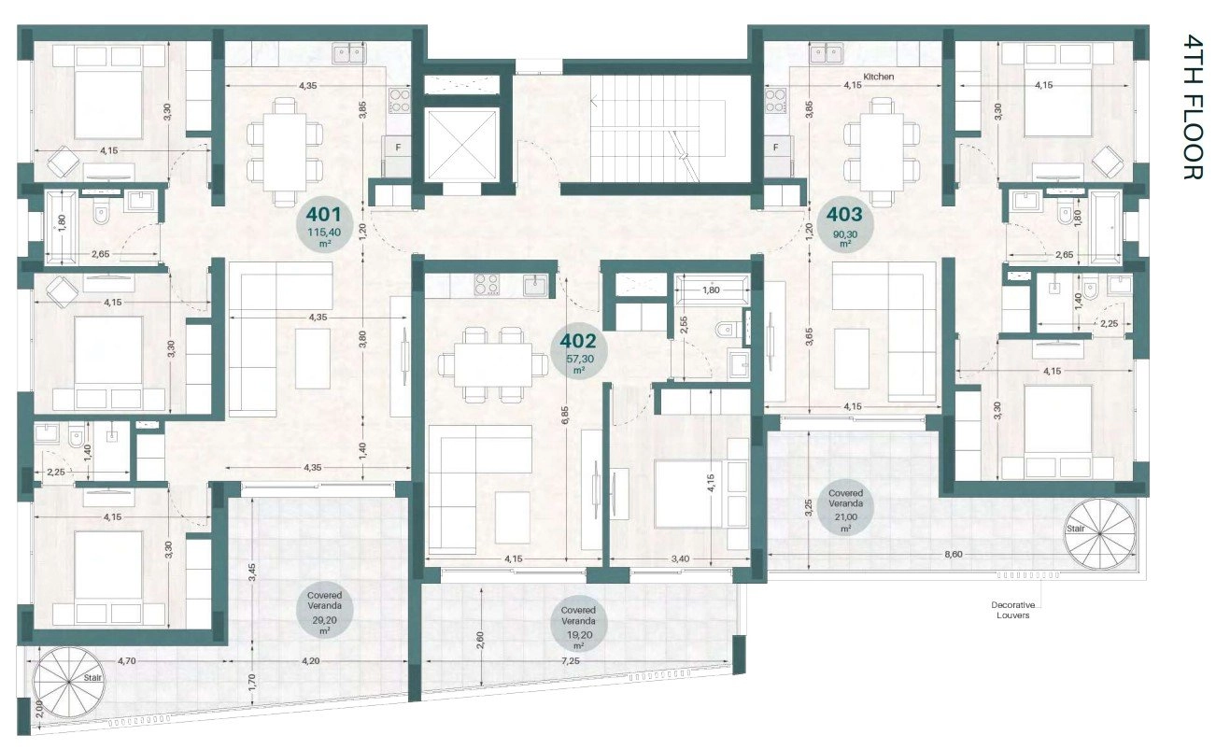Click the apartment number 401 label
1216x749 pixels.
pos(325,214)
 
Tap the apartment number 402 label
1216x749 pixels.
pos(578,341)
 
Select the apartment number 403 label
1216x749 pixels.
pos(844,215)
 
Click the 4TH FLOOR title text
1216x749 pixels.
pos(1194,106)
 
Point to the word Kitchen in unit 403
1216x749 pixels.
pos(878,77)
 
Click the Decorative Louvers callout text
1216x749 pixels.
pos(1013,610)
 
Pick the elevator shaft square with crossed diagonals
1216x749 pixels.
pos(461,144)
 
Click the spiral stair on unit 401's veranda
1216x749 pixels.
pos(69,682)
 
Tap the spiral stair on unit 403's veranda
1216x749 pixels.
pos(1099,534)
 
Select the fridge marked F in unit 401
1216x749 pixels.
pos(397,156)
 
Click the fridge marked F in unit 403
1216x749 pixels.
pos(777,156)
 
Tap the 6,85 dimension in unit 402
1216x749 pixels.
pos(565,416)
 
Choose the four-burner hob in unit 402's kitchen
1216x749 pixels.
pos(487,284)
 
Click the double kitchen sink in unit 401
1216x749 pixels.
pos(348,53)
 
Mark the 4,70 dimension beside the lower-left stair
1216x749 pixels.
pos(126,660)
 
